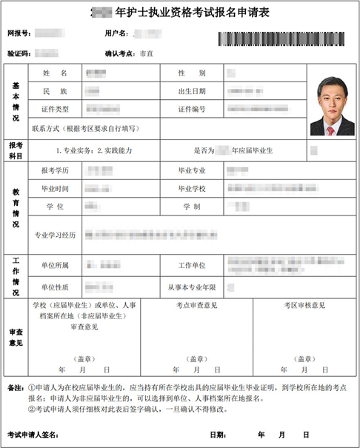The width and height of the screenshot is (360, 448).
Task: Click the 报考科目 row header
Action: [16, 150]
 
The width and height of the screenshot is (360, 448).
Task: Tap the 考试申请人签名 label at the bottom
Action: [36, 435]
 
